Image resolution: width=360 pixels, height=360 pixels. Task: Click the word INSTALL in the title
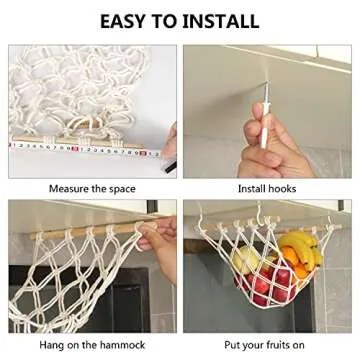[221, 21]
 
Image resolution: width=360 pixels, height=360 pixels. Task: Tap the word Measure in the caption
[69, 188]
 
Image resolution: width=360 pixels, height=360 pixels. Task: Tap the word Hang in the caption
[58, 346]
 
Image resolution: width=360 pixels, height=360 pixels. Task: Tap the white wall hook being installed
[268, 122]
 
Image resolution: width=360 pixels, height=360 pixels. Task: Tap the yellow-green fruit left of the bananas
[247, 263]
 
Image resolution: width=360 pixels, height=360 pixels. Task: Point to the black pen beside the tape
[169, 144]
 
